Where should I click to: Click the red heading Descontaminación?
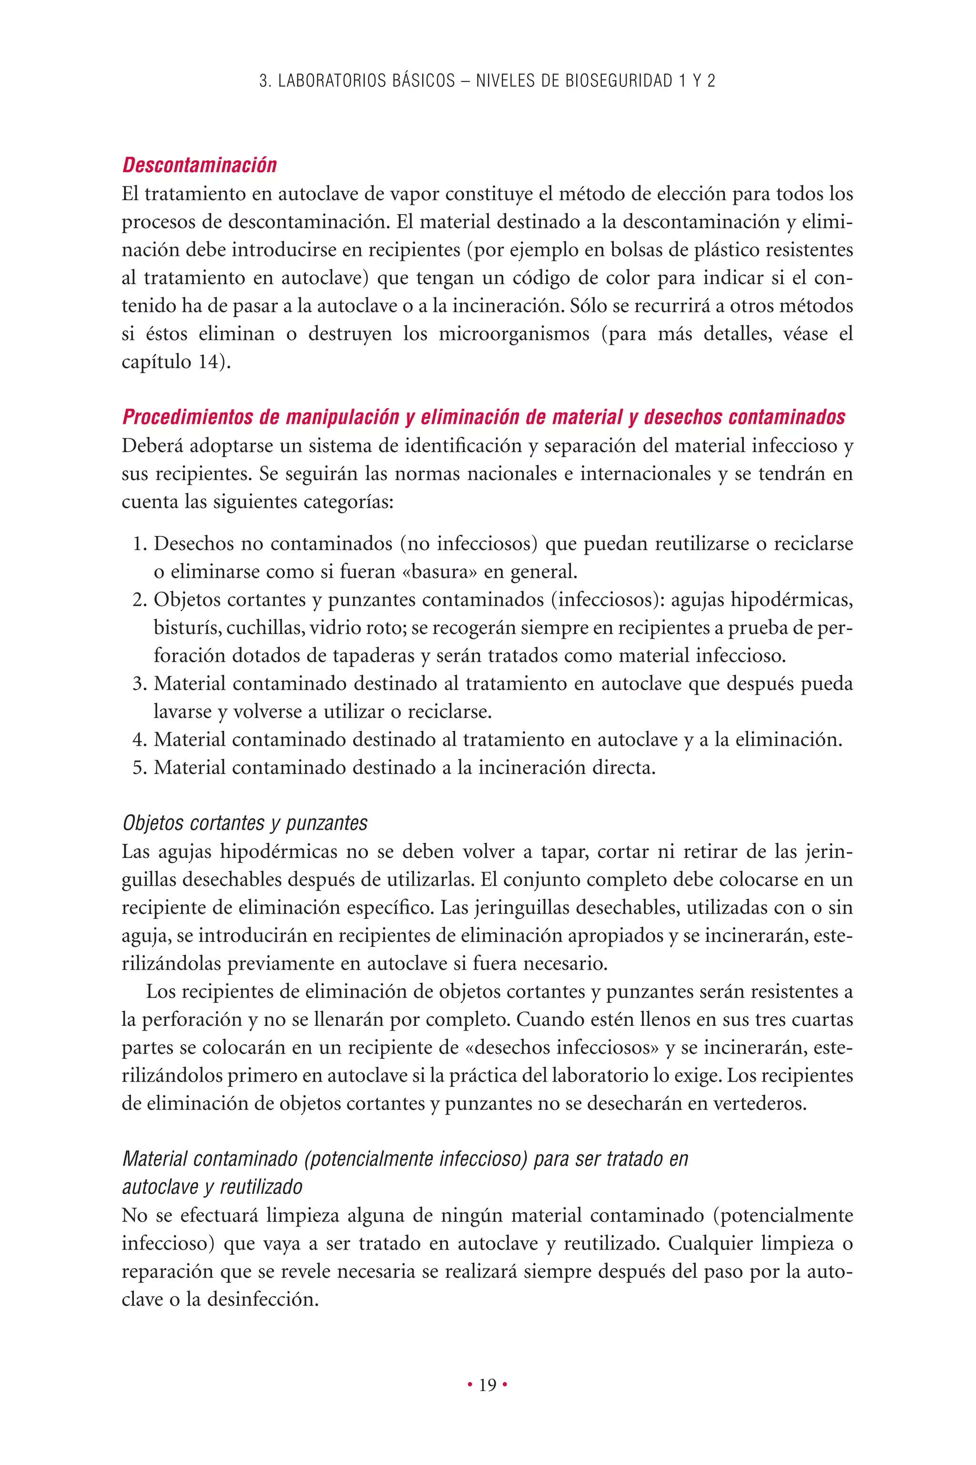pyautogui.click(x=199, y=165)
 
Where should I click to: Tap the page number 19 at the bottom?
pyautogui.click(x=488, y=1385)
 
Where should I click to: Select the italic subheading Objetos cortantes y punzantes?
pyautogui.click(x=244, y=823)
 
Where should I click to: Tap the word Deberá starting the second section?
pyautogui.click(x=152, y=446)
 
